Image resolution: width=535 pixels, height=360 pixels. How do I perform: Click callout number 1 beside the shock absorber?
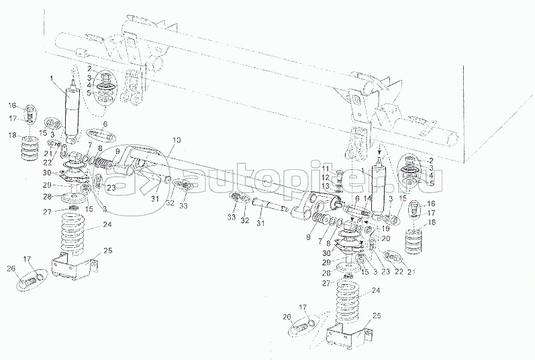pyautogui.click(x=51, y=80)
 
